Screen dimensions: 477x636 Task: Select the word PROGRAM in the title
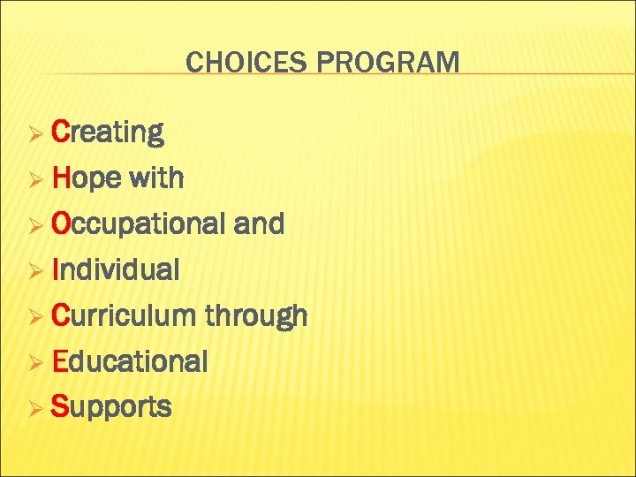pyautogui.click(x=388, y=63)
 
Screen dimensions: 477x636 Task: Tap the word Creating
pyautogui.click(x=108, y=132)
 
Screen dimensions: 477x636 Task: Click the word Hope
pyautogui.click(x=87, y=178)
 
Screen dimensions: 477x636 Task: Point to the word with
pyautogui.click(x=155, y=178)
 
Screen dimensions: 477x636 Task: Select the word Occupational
pyautogui.click(x=138, y=224)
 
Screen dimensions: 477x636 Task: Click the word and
pyautogui.click(x=259, y=224)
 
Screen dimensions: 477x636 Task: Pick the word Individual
pyautogui.click(x=116, y=269)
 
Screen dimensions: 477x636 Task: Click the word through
pyautogui.click(x=256, y=316)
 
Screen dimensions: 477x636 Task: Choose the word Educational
pyautogui.click(x=130, y=361)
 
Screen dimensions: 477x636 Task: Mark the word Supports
pyautogui.click(x=111, y=408)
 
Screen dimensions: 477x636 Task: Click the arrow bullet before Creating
pyautogui.click(x=36, y=134)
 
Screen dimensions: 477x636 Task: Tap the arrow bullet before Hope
pyautogui.click(x=36, y=180)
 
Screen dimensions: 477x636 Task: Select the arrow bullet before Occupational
pyautogui.click(x=36, y=226)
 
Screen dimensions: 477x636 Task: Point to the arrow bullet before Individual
pyautogui.click(x=36, y=271)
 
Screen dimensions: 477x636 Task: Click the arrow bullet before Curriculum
pyautogui.click(x=36, y=317)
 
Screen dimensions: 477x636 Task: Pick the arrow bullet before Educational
pyautogui.click(x=36, y=363)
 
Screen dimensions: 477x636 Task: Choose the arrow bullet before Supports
pyautogui.click(x=36, y=409)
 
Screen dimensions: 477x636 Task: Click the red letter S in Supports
pyautogui.click(x=60, y=407)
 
